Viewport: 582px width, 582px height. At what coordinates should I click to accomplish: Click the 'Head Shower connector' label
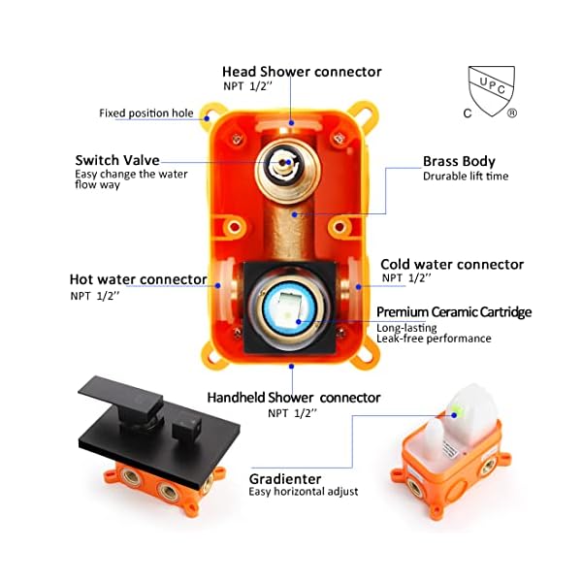[302, 72]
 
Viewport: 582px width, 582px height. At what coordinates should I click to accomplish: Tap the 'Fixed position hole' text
[146, 113]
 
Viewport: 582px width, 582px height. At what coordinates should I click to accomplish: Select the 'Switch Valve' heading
[117, 160]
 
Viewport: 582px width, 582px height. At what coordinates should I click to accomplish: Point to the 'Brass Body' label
[459, 161]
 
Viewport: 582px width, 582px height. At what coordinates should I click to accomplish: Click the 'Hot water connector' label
[138, 279]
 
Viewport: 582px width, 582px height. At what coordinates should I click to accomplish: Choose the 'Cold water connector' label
[452, 264]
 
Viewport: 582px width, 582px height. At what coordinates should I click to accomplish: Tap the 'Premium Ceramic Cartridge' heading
[454, 311]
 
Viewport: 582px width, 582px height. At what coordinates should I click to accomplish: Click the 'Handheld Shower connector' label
[294, 397]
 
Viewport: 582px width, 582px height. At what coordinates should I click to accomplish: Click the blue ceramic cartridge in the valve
[292, 308]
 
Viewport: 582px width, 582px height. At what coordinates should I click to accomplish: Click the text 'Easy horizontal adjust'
[304, 492]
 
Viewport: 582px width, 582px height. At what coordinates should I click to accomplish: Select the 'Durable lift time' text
[466, 177]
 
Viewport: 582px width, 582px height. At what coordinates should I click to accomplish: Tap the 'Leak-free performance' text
[434, 339]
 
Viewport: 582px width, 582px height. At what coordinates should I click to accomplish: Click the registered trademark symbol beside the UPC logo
[512, 113]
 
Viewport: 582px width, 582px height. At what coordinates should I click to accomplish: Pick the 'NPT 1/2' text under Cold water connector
[406, 278]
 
